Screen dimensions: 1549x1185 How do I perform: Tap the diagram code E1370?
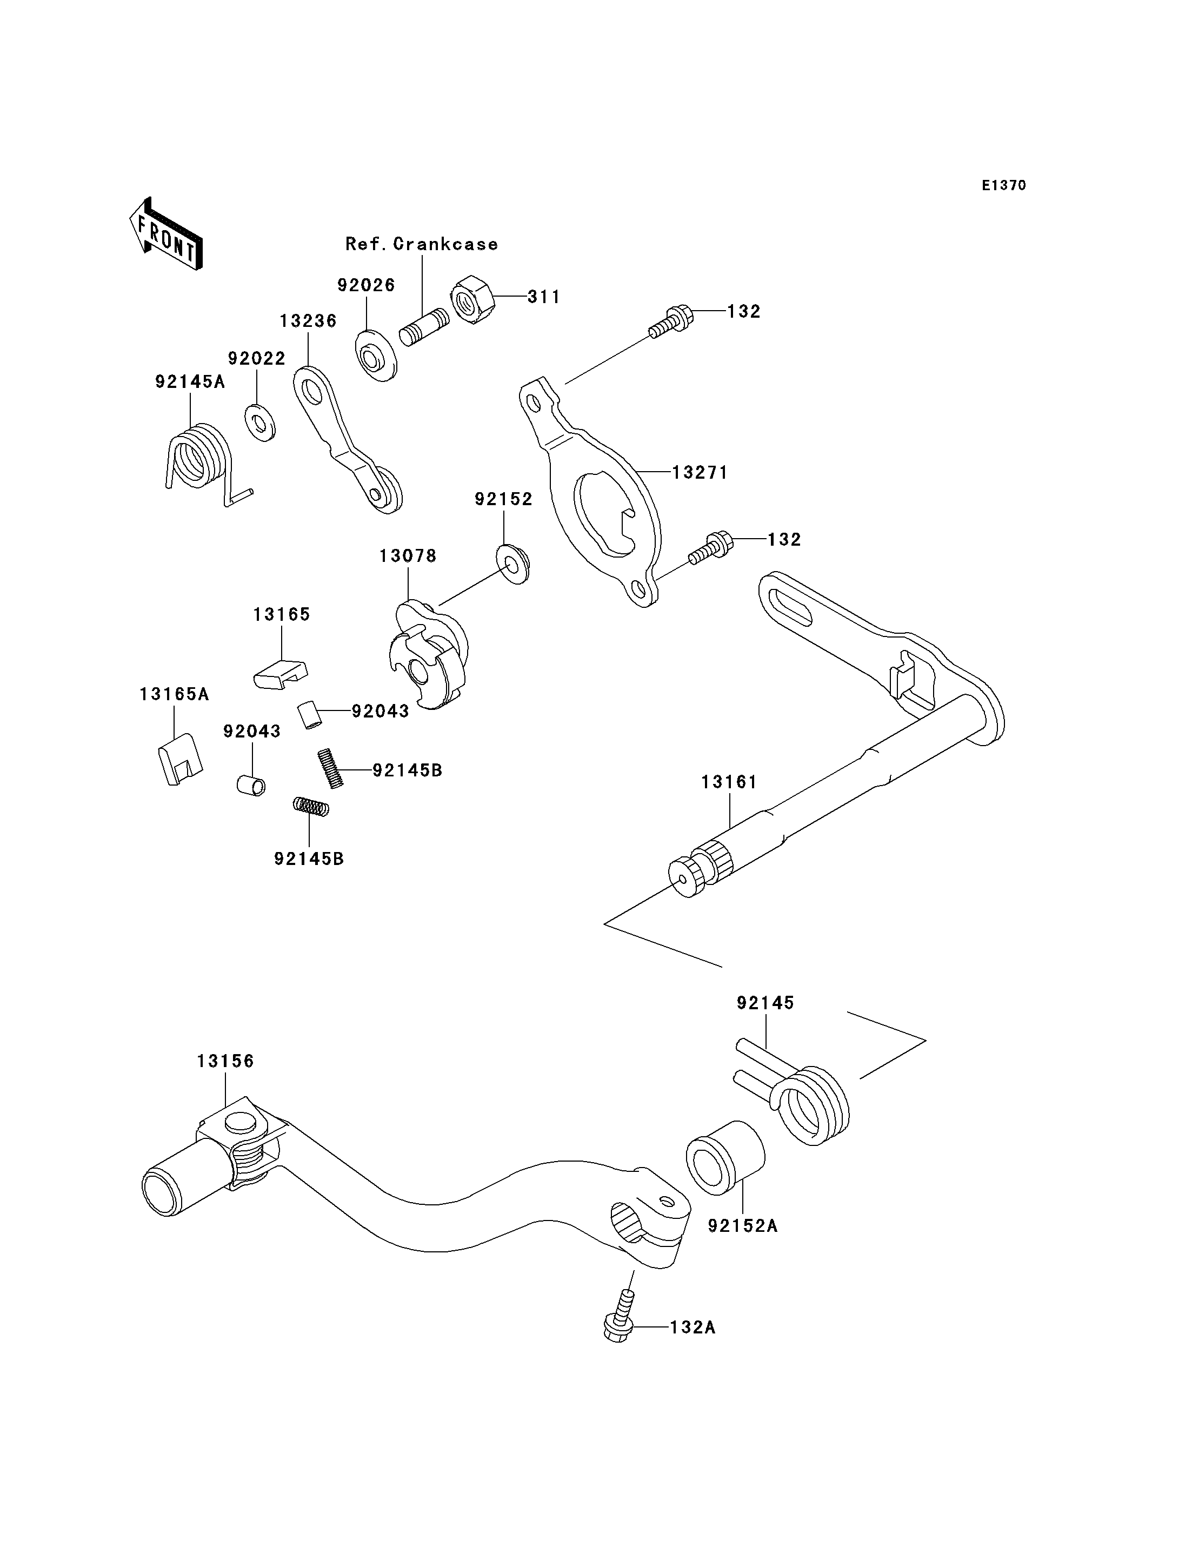click(1004, 185)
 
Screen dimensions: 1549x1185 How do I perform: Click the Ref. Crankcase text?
click(421, 244)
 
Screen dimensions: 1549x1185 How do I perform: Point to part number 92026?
click(366, 286)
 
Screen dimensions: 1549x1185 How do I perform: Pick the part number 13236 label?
click(308, 321)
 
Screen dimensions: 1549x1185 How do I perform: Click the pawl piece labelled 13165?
click(280, 674)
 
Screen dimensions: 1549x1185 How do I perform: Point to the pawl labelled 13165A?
click(179, 759)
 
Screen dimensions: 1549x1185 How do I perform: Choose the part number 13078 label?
click(408, 556)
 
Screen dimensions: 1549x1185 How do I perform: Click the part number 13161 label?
click(729, 782)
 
